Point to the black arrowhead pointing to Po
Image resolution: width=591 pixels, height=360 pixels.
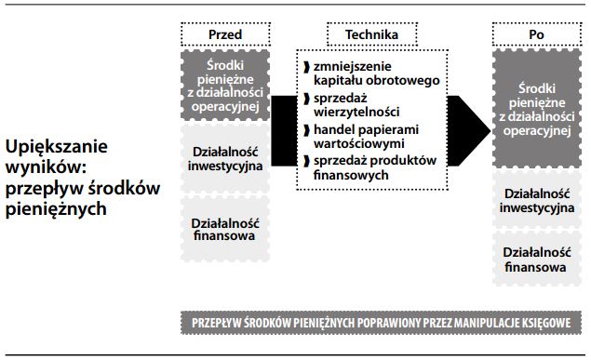471,120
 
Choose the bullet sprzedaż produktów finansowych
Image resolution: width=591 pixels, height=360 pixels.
369,167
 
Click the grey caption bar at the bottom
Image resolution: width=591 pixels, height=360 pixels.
383,321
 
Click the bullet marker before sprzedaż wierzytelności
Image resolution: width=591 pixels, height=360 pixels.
305,98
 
